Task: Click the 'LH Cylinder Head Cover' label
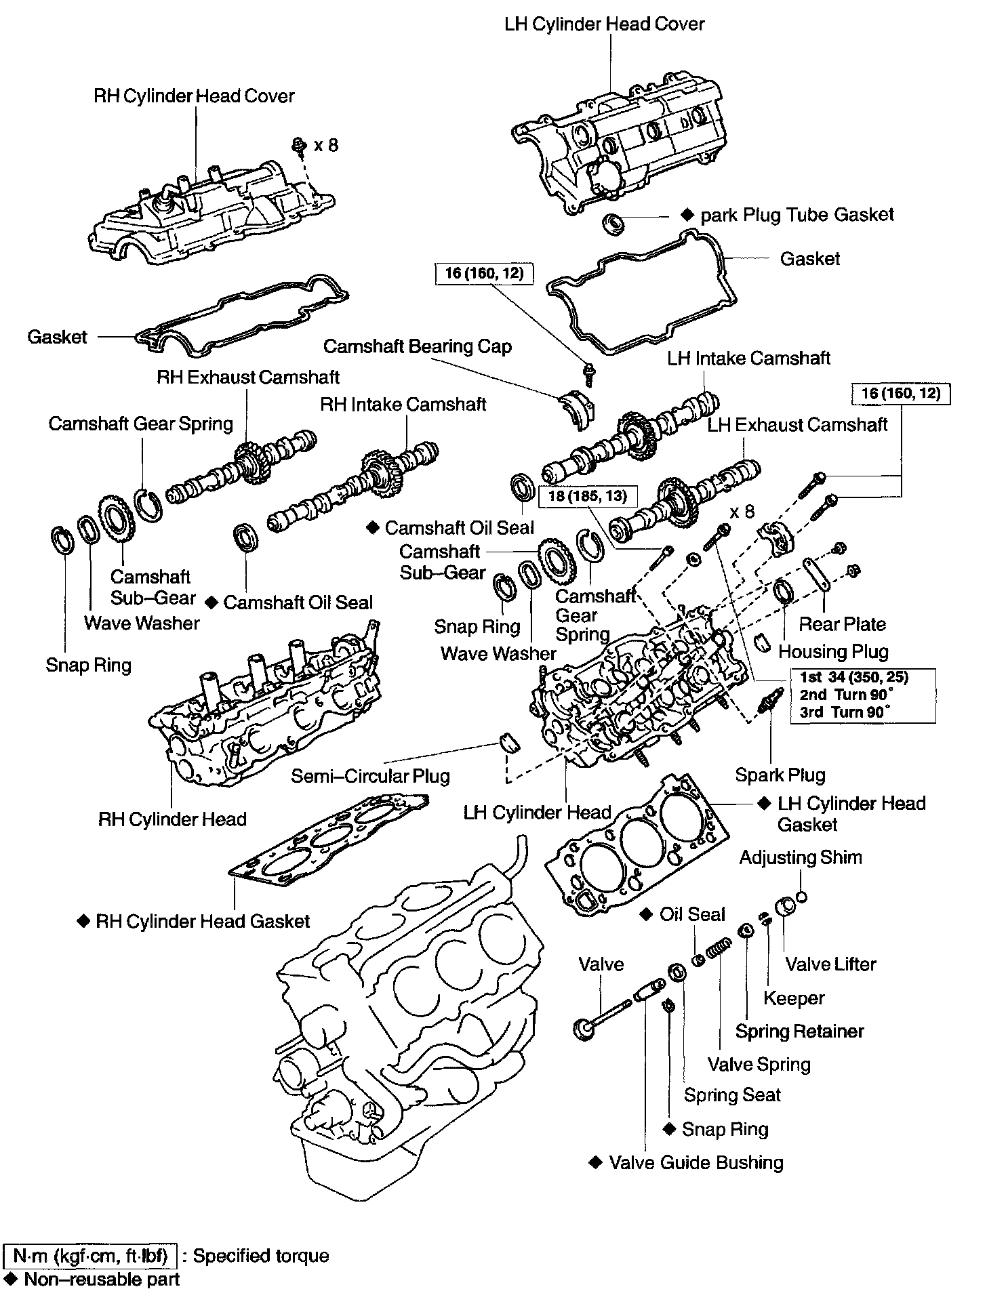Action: (x=604, y=24)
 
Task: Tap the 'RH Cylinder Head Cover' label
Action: (x=194, y=96)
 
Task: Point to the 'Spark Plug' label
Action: (x=780, y=775)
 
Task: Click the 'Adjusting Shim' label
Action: (x=801, y=857)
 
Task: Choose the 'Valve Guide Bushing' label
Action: (x=696, y=1163)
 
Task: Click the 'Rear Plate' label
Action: (x=842, y=624)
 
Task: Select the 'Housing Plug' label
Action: (x=833, y=652)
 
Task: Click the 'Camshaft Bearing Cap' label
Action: (x=417, y=347)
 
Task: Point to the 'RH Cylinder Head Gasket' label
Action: (x=203, y=922)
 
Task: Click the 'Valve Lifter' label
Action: (x=830, y=964)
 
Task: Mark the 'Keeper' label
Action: (x=794, y=998)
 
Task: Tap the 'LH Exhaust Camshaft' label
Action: (x=797, y=425)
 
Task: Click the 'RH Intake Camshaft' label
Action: (x=403, y=405)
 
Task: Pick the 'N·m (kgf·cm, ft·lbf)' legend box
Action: (x=90, y=1256)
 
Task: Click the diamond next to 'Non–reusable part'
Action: (x=12, y=1279)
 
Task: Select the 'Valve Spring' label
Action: (x=759, y=1064)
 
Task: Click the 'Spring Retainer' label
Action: (x=800, y=1031)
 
